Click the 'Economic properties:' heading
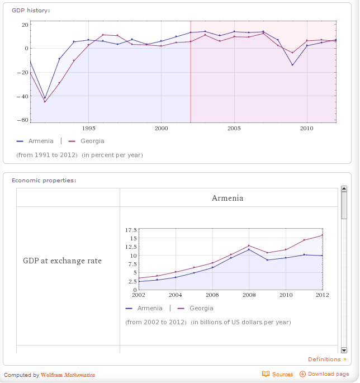click(x=44, y=180)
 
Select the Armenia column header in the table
click(x=228, y=198)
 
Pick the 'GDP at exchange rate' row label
click(x=62, y=261)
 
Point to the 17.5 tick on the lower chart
click(x=131, y=230)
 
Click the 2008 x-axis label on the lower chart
click(x=249, y=295)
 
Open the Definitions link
click(x=327, y=360)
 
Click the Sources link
click(x=278, y=374)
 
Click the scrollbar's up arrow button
click(x=344, y=189)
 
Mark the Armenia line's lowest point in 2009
click(x=292, y=65)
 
